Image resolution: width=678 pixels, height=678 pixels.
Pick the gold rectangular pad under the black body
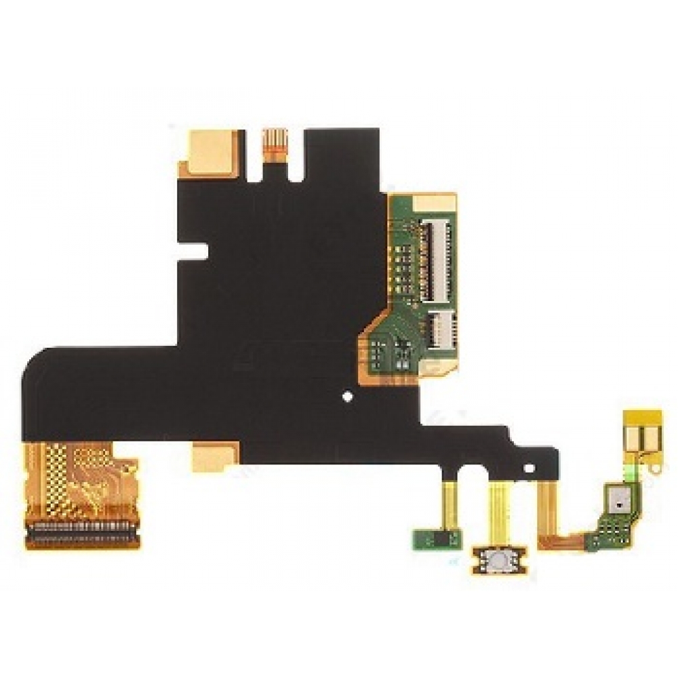[214, 455]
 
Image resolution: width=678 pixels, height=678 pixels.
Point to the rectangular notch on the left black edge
[198, 252]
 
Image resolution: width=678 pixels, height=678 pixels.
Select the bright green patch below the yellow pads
[631, 468]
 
